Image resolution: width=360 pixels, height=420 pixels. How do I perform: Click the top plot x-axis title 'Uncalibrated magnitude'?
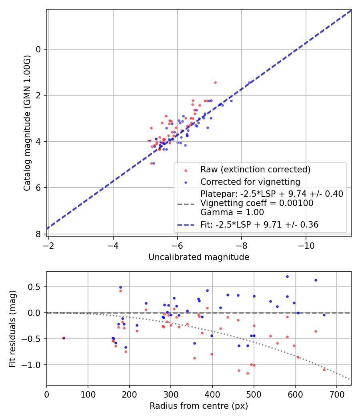click(x=199, y=257)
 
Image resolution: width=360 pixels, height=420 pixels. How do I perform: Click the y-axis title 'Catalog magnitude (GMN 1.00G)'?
click(x=27, y=123)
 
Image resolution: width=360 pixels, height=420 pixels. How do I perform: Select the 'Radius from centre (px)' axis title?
click(x=199, y=406)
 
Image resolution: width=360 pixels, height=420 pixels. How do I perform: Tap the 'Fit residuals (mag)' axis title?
click(x=12, y=328)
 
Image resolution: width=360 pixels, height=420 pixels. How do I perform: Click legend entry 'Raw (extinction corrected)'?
click(x=255, y=170)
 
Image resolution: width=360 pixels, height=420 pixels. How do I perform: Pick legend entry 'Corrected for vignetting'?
click(x=250, y=182)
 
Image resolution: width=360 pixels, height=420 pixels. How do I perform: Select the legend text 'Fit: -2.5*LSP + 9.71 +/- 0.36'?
click(x=259, y=225)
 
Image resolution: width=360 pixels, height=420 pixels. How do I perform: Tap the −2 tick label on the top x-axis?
click(x=49, y=245)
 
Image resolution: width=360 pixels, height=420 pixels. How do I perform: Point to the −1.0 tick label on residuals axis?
click(x=34, y=365)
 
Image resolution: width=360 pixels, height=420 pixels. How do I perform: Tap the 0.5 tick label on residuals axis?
click(x=35, y=287)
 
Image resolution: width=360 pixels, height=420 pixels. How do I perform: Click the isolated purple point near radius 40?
click(x=64, y=338)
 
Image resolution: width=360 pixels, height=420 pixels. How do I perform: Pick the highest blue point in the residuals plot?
click(x=287, y=276)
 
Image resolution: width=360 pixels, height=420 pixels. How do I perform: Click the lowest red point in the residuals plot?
click(x=248, y=373)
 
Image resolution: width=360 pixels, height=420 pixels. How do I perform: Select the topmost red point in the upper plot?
click(x=215, y=82)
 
